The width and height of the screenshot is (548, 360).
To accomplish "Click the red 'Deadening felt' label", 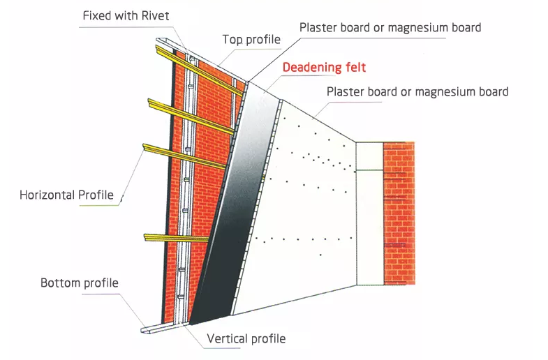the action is pyautogui.click(x=324, y=68).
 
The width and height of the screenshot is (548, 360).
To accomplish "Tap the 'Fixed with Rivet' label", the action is pyautogui.click(x=126, y=16).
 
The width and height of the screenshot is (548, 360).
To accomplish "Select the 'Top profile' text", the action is pyautogui.click(x=251, y=40).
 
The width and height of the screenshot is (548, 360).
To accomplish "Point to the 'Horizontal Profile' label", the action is pyautogui.click(x=66, y=195).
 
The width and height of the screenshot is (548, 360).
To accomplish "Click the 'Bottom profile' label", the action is pyautogui.click(x=80, y=283).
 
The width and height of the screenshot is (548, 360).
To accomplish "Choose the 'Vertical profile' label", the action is pyautogui.click(x=246, y=338).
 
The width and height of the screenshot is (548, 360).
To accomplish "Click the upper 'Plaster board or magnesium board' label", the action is pyautogui.click(x=390, y=28).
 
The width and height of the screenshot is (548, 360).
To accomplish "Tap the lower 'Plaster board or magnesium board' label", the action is pyautogui.click(x=417, y=92).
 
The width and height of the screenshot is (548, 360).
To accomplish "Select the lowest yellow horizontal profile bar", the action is pyautogui.click(x=177, y=238).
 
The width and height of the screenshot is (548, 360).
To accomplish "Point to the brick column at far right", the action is pyautogui.click(x=399, y=213).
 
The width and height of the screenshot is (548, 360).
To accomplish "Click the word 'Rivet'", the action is pyautogui.click(x=155, y=16).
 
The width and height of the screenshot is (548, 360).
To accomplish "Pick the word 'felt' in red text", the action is pyautogui.click(x=355, y=68).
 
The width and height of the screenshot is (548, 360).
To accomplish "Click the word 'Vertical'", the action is pyautogui.click(x=227, y=338).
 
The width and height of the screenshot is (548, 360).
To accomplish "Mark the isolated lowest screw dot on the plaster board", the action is pyautogui.click(x=320, y=255).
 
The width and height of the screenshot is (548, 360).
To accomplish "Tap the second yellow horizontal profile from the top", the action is pyautogui.click(x=191, y=117).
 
